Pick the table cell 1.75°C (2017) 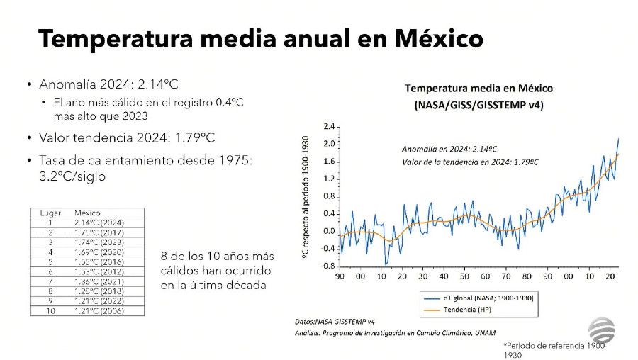click(100, 232)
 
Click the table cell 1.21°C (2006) click(100, 310)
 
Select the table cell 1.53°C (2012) click(100, 271)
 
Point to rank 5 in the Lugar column click(50, 261)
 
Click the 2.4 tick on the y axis click(328, 126)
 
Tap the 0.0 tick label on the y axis click(328, 231)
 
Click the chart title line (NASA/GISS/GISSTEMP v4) click(478, 104)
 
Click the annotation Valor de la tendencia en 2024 click(470, 162)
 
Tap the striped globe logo click(603, 331)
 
